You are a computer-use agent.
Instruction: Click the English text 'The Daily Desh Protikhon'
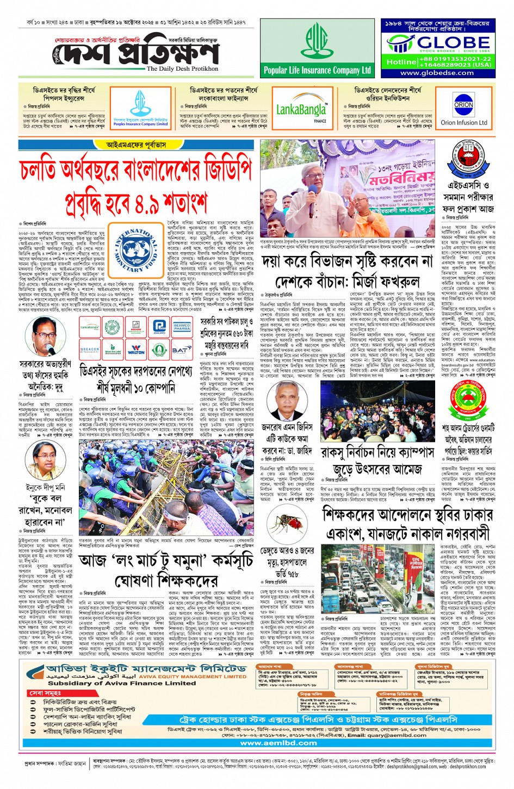182,69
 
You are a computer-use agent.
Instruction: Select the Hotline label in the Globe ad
401,62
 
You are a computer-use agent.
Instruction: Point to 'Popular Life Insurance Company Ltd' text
317,70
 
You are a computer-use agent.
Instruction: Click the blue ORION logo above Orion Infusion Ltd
463,104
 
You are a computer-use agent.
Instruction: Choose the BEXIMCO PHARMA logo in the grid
182,327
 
